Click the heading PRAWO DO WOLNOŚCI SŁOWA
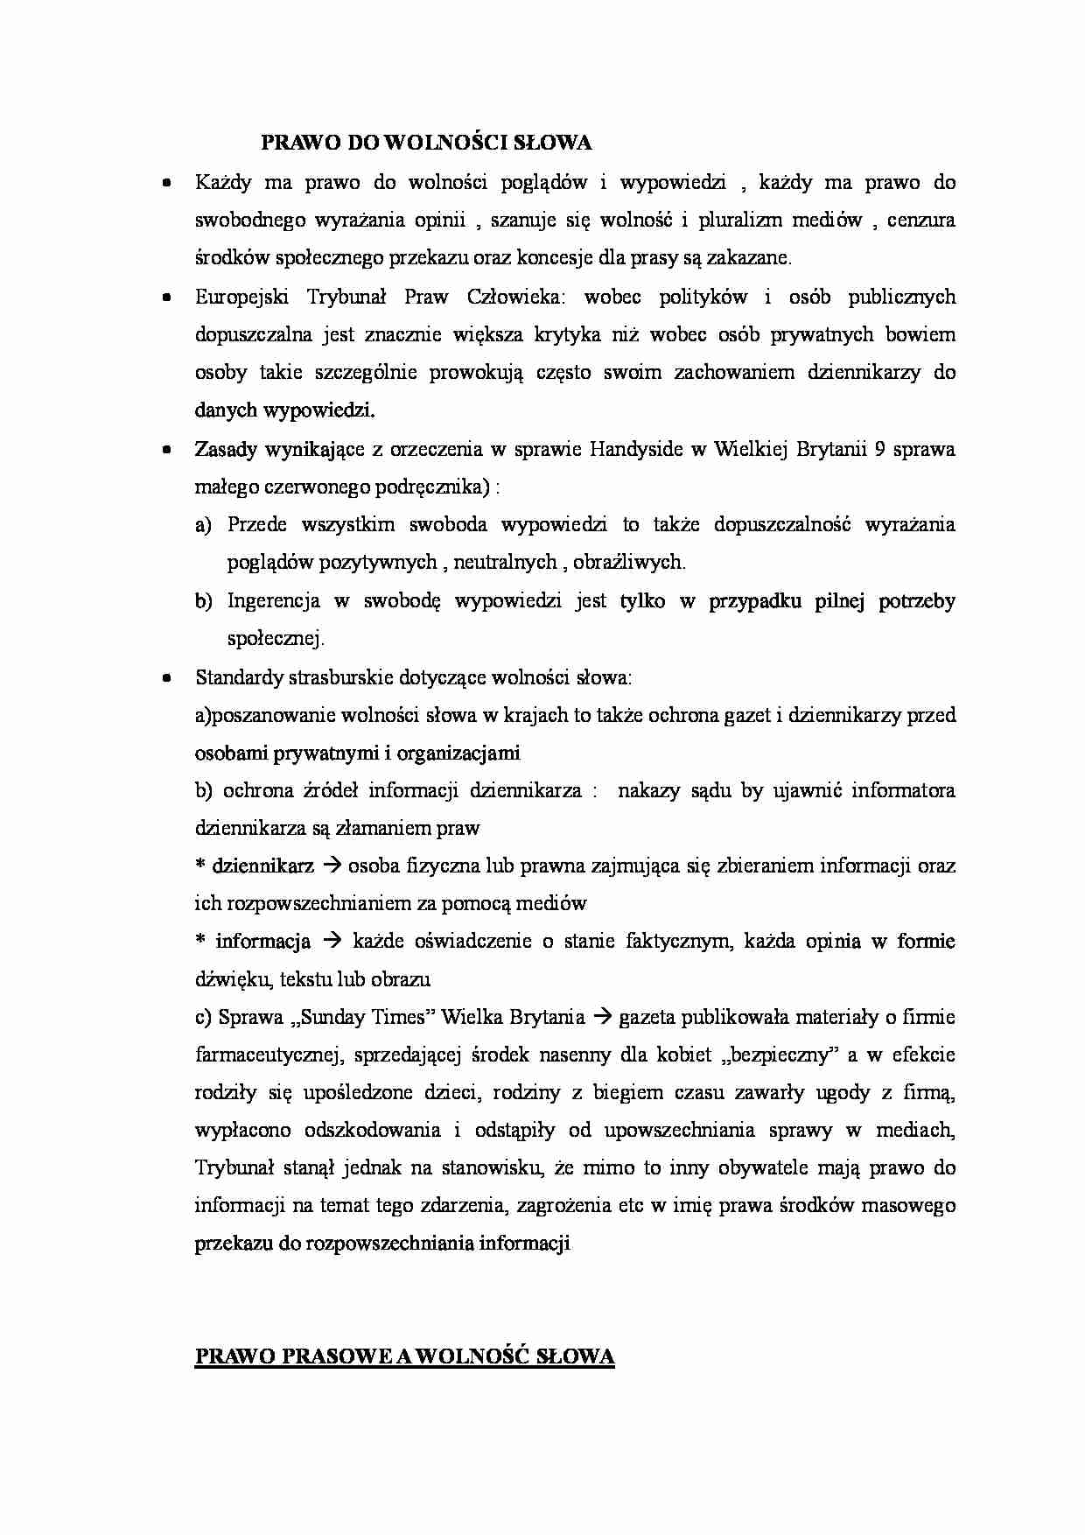click(x=426, y=142)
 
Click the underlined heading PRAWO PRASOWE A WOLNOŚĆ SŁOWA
click(x=404, y=1356)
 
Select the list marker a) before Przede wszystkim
click(x=203, y=525)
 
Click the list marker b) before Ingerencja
click(x=203, y=601)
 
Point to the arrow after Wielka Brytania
click(x=602, y=1017)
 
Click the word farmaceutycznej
click(x=268, y=1055)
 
